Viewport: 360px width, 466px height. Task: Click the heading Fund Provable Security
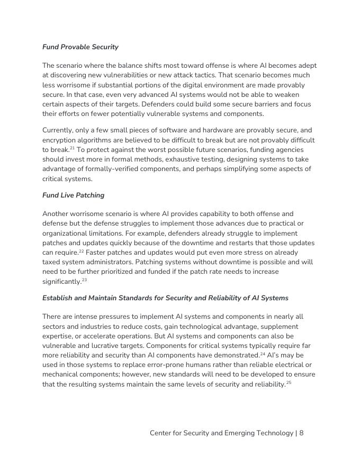[80, 47]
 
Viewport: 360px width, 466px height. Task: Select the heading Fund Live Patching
[74, 195]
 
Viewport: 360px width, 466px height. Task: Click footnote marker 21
[72, 148]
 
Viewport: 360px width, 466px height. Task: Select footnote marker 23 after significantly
[84, 280]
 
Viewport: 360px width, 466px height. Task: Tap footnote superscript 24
[263, 353]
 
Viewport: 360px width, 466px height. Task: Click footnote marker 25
[289, 382]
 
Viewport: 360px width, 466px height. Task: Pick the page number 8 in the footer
[301, 433]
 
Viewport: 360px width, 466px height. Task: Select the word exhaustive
[176, 160]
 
